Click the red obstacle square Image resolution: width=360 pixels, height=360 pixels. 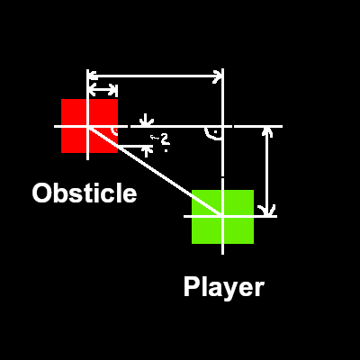coord(89,126)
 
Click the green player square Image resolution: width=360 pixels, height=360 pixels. coord(222,217)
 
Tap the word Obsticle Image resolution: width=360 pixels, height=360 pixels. coord(85,193)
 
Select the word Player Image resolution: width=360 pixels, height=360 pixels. coord(224,287)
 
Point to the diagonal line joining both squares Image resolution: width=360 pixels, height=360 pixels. coord(155,171)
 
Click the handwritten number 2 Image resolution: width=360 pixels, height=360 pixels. coord(165,139)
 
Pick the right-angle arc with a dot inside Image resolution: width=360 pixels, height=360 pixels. coord(213,134)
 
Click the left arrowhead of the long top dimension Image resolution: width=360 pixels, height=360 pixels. coord(93,76)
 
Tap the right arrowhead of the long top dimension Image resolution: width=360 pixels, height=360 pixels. coord(217,76)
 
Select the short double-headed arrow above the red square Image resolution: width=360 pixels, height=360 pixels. coord(103,89)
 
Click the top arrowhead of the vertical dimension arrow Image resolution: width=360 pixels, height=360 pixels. coord(267,131)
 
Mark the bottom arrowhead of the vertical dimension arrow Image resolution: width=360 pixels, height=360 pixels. coord(267,210)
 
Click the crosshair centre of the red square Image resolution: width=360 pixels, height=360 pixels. coord(87,126)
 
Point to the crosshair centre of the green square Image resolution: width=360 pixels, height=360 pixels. coord(222,216)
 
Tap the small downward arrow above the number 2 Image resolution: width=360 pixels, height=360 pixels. coord(146,120)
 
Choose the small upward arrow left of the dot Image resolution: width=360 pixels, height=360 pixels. coord(146,150)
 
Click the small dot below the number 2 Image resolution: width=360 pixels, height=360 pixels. coord(166,150)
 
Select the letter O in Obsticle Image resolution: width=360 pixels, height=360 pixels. coord(41,193)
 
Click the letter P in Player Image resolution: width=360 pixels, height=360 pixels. coord(191,287)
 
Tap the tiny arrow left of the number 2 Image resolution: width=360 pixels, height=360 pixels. coord(155,138)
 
